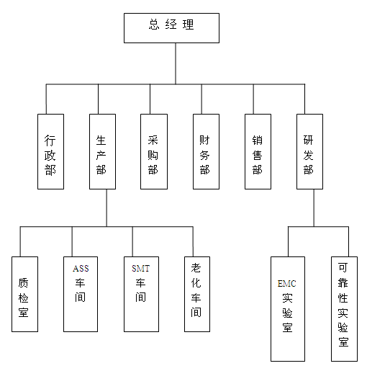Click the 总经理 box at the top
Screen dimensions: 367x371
click(171, 28)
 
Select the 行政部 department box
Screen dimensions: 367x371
click(50, 151)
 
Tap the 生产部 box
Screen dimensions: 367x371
click(102, 151)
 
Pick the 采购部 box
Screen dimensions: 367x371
click(154, 151)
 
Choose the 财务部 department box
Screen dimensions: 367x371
click(206, 151)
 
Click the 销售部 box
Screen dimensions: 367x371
click(258, 151)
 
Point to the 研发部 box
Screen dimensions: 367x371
click(309, 151)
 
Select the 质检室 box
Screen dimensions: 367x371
click(24, 294)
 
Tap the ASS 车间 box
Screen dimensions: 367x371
click(81, 294)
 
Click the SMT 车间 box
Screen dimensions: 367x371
click(141, 294)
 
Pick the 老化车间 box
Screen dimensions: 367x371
click(197, 294)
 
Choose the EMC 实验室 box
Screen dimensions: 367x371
click(288, 309)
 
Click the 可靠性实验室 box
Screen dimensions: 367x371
click(344, 309)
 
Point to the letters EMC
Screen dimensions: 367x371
click(287, 284)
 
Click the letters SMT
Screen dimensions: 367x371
click(141, 268)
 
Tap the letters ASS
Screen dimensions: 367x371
click(81, 268)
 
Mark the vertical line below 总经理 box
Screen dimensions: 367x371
click(176, 63)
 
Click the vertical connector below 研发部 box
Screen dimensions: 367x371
click(314, 207)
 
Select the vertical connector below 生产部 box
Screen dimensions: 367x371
click(107, 207)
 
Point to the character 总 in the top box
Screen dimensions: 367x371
click(154, 24)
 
